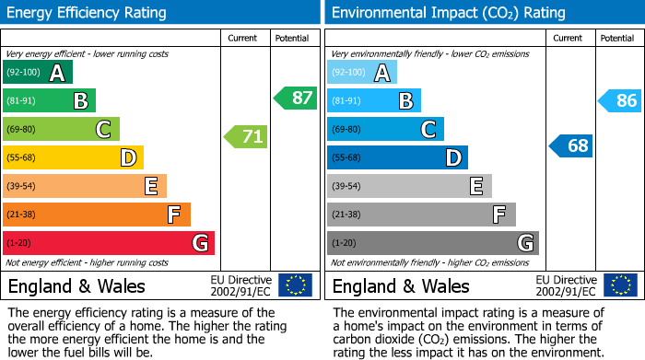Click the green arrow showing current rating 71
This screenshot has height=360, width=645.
246,137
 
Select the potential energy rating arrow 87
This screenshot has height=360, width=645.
295,98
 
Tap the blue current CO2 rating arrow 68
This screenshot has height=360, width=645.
571,145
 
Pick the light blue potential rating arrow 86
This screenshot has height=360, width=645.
620,101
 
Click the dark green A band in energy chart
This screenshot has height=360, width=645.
38,73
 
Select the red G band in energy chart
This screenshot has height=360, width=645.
109,243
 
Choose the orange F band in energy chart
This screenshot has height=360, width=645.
97,215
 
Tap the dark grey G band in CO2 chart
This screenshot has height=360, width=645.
432,243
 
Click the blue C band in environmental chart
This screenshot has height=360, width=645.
385,129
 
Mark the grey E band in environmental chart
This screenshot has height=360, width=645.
409,186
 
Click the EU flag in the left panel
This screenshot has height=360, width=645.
295,285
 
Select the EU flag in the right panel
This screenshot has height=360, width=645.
620,285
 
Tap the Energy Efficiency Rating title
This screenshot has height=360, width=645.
88,13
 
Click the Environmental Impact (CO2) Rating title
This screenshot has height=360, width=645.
448,13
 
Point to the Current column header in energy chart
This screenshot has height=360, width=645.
243,38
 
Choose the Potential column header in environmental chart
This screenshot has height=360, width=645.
616,38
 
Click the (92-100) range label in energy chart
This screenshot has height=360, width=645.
24,73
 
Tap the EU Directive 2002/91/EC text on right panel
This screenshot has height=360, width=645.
566,285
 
